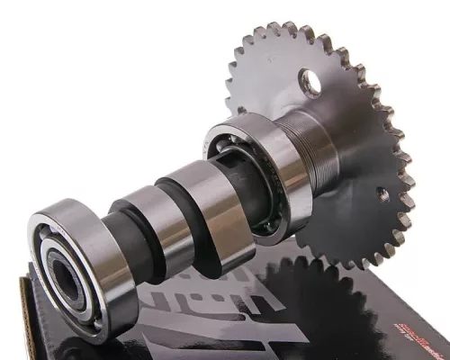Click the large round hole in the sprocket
pos(311,84)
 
